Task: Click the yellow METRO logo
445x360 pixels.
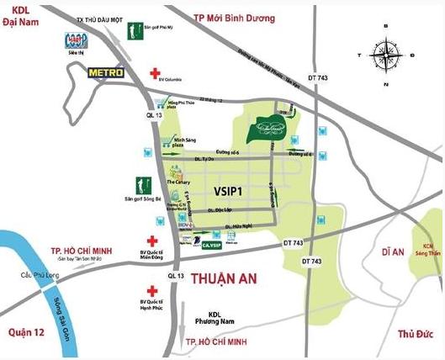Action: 106,73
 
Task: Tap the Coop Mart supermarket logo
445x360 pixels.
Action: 77,43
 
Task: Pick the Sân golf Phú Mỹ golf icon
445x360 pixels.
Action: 134,31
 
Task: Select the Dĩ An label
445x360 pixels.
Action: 393,251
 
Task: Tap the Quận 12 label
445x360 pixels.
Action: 25,331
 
